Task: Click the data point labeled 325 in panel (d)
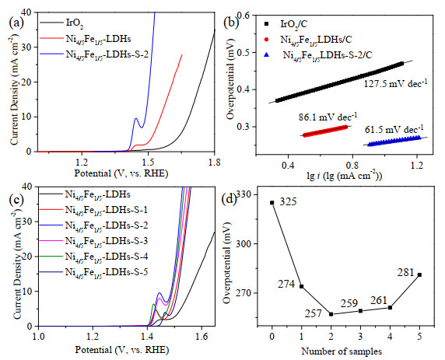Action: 272,203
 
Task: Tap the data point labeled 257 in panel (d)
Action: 331,314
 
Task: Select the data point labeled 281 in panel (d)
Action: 419,274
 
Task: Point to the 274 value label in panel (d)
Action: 286,284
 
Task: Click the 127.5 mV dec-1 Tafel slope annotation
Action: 396,83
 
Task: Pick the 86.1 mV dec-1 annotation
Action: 328,117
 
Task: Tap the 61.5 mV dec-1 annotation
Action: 394,129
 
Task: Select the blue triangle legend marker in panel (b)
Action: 266,55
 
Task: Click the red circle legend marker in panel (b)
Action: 266,40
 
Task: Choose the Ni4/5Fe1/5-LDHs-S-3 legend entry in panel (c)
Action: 107,241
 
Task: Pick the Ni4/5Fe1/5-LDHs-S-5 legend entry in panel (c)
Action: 107,272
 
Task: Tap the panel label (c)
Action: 16,200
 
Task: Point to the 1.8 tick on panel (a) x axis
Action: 214,163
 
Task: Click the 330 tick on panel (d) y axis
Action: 244,194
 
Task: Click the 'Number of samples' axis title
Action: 342,351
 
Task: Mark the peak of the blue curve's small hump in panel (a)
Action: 136,118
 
